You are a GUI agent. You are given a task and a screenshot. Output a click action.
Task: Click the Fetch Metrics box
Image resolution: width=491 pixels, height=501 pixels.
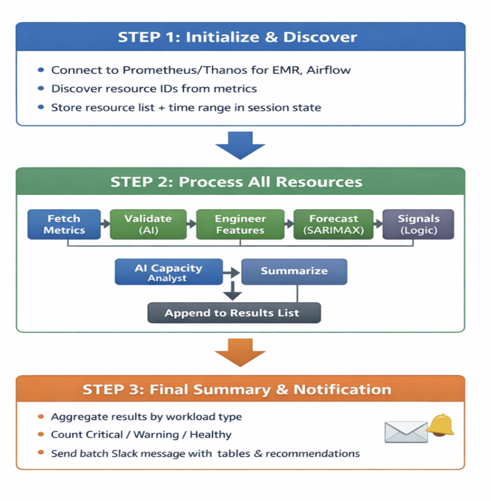click(x=64, y=224)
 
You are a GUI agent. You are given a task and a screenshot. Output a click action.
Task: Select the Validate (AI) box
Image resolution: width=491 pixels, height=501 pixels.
click(x=148, y=224)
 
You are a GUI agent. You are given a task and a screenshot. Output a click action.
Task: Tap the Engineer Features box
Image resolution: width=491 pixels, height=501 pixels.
click(x=240, y=224)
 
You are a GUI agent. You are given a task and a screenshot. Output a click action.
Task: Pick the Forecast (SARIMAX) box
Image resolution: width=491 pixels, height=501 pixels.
click(x=333, y=224)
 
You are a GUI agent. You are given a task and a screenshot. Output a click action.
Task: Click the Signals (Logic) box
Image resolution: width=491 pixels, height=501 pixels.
click(x=418, y=224)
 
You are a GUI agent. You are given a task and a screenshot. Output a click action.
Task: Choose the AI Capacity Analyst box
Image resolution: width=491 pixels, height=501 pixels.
click(x=168, y=272)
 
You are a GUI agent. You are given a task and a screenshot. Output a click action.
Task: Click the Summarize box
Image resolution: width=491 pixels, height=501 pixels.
click(x=294, y=272)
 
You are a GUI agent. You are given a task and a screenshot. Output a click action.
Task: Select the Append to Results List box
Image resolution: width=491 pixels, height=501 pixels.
click(x=234, y=313)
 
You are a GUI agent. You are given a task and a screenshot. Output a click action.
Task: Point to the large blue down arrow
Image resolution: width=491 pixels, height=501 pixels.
click(x=240, y=146)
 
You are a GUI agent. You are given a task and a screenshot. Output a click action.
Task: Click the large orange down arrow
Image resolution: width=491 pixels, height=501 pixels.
click(x=240, y=353)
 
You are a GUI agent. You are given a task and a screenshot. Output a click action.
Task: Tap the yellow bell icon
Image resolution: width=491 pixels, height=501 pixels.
click(x=441, y=425)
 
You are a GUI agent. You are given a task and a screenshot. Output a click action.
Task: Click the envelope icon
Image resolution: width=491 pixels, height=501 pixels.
click(x=406, y=432)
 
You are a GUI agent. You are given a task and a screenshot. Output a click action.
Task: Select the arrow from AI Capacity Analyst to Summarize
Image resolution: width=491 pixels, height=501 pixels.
click(x=231, y=273)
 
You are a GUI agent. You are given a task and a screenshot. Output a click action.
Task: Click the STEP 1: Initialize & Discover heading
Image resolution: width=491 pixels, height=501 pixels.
click(x=238, y=37)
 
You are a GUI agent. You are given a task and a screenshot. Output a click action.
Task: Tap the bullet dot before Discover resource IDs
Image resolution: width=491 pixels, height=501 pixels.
click(x=41, y=88)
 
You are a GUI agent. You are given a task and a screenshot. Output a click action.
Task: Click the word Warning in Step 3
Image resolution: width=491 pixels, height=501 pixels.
click(x=156, y=434)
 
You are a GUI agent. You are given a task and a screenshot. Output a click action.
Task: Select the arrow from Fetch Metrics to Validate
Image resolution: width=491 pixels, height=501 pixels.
click(x=105, y=224)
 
